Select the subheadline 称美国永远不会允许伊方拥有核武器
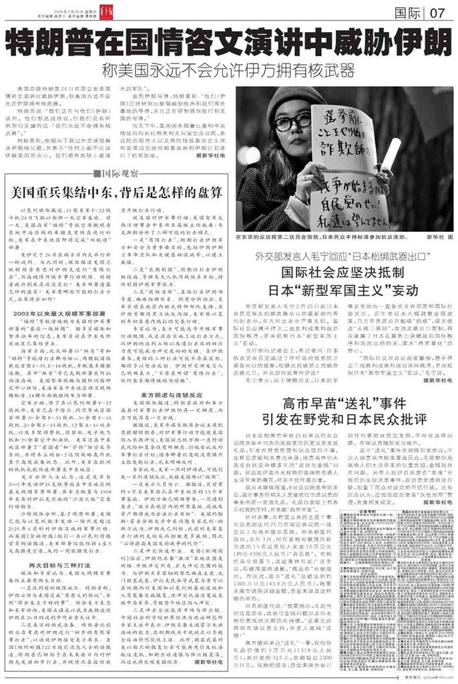[228, 71]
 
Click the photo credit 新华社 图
[427, 236]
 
